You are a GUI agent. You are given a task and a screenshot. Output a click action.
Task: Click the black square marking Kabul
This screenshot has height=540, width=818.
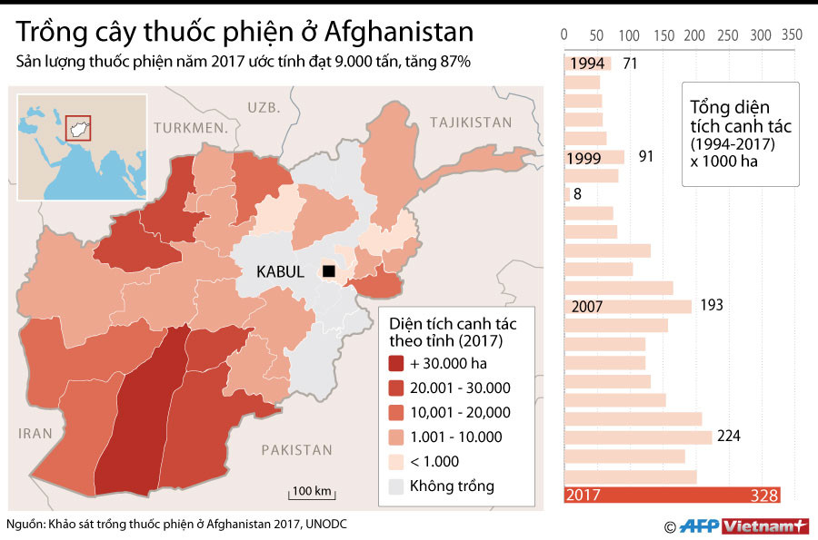pos(328,271)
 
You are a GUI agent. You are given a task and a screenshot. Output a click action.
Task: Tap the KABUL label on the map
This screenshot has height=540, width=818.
pos(280,271)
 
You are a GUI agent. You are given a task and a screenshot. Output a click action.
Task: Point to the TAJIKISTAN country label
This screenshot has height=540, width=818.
pos(471,123)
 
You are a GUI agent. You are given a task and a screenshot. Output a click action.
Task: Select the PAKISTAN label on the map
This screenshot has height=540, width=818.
pos(296,449)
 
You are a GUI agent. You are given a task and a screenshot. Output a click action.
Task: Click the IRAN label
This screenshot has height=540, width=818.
pos(36,434)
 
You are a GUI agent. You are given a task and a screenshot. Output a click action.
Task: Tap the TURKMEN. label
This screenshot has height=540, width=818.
pos(190,128)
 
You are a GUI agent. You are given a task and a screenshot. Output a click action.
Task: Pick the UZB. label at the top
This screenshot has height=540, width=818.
pos(263,107)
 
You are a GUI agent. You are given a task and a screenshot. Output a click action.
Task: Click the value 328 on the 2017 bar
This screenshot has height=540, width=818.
pos(763,495)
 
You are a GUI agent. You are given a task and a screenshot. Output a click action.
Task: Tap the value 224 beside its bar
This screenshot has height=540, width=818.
pos(728,437)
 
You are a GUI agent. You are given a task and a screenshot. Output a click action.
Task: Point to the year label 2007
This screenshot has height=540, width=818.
pos(587,307)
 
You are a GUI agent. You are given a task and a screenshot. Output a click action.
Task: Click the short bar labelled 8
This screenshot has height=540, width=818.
pos(568,193)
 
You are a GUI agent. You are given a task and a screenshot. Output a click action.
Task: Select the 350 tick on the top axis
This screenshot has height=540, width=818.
pos(792,34)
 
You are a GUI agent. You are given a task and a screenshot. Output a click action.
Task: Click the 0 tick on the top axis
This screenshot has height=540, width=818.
pos(565,34)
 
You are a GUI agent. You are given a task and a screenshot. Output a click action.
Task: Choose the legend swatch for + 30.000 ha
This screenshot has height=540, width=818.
pos(396,363)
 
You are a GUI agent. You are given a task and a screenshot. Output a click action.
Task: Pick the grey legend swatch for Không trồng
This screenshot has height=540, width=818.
pos(396,486)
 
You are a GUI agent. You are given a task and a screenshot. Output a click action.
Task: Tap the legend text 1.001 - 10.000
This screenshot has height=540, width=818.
pos(456,437)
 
